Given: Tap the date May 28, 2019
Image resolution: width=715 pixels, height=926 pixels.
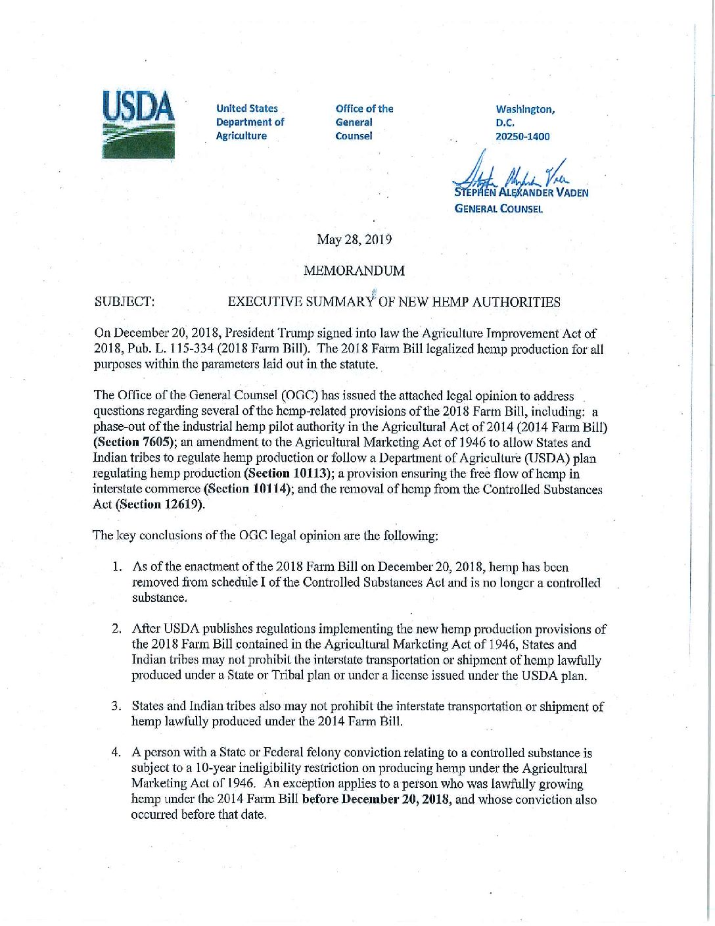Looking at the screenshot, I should pos(354,239).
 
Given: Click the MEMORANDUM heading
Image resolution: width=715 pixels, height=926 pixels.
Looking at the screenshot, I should pos(354,271).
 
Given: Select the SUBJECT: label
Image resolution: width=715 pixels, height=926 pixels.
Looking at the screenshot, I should pos(125,303).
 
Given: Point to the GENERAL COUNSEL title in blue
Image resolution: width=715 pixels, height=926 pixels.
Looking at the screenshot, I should pos(499,209).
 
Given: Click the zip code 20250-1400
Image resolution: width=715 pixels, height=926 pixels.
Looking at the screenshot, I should pos(522,137).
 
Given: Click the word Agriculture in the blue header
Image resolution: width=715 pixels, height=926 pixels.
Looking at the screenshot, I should pos(241,136).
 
